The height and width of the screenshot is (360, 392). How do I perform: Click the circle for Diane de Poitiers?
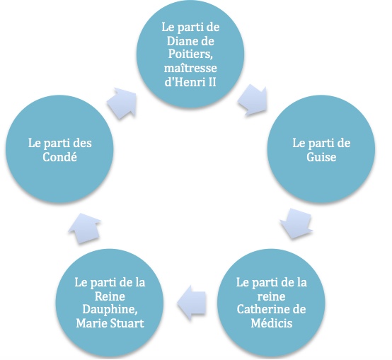190,54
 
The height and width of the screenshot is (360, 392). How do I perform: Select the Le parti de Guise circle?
321,149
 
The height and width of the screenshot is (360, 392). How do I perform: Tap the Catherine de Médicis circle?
271,303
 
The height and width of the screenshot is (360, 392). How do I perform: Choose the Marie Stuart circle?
110,303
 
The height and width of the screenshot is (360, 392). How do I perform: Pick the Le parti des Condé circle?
59,149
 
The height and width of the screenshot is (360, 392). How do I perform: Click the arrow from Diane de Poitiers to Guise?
253,100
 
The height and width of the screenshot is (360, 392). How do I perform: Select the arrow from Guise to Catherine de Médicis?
296,223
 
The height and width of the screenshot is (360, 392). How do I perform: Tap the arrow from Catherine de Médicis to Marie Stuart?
191,303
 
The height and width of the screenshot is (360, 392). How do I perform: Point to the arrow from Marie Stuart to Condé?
85,228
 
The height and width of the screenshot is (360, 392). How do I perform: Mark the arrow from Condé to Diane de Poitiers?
122,103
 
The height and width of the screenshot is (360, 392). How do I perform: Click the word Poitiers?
190,54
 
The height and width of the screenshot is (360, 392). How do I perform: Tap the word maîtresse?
190,68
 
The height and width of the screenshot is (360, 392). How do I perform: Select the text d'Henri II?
190,82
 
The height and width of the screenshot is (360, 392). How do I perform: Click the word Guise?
321,157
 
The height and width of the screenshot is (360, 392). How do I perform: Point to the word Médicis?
272,323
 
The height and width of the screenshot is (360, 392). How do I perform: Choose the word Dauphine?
110,310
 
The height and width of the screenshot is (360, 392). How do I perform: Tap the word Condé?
59,157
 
